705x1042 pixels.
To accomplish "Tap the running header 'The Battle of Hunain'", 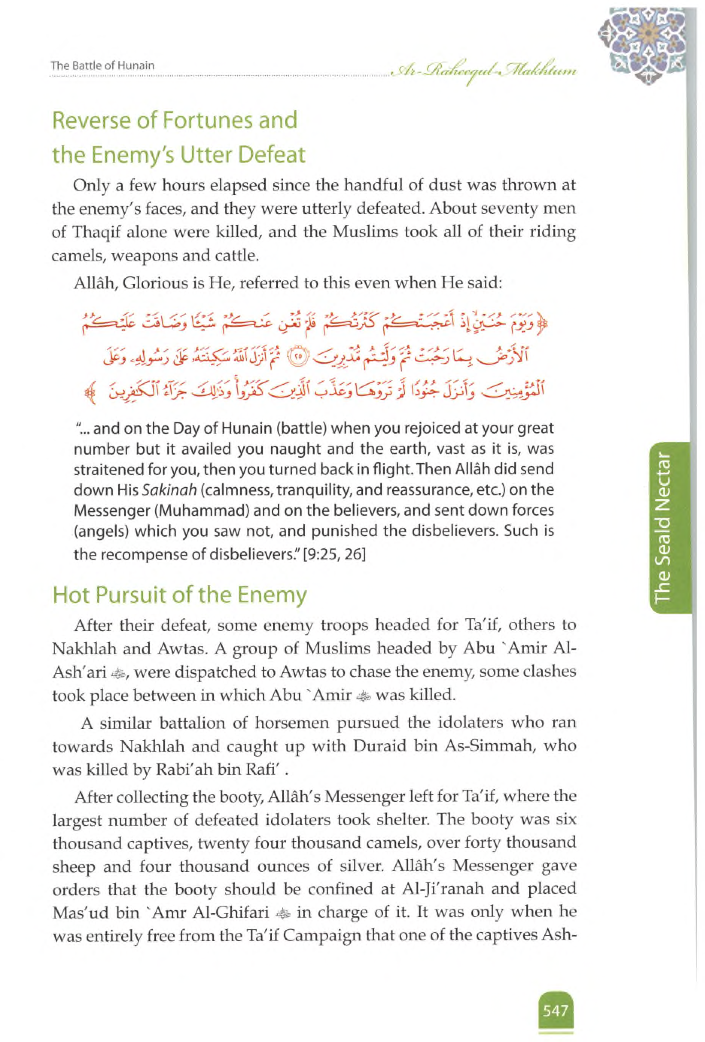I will (x=103, y=66).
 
